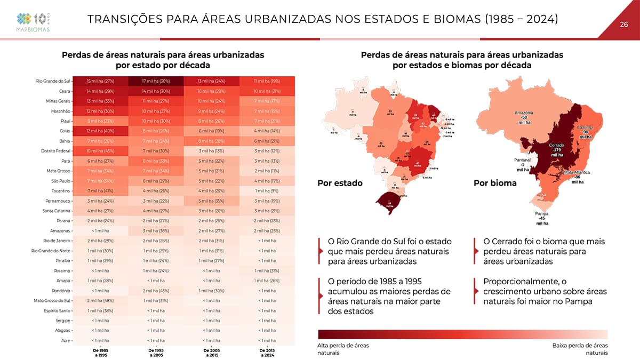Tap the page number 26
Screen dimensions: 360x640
623,24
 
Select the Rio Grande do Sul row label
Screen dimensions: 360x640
53,81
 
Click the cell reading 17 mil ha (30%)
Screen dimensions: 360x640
156,81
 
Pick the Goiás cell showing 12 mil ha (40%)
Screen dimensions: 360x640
100,131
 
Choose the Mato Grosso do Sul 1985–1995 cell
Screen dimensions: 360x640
100,300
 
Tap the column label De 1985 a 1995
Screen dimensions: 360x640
100,352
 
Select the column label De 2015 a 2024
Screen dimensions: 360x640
267,352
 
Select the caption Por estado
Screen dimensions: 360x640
340,183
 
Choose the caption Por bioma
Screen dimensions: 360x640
495,183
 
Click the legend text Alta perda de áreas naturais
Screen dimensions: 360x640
343,349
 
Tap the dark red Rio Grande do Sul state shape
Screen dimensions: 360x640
390,203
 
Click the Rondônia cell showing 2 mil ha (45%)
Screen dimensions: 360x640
156,290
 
